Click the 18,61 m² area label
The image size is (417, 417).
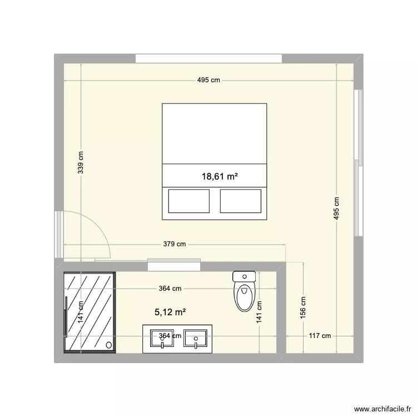click(x=220, y=177)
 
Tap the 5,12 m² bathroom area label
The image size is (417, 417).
click(x=170, y=313)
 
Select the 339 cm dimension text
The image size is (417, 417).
click(x=81, y=163)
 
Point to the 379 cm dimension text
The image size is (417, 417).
click(x=175, y=244)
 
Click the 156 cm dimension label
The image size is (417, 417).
click(x=302, y=304)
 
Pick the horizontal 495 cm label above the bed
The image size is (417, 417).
click(x=209, y=81)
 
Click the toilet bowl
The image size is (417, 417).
click(x=244, y=297)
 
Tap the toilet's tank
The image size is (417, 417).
click(x=244, y=276)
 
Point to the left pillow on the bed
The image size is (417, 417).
click(x=189, y=201)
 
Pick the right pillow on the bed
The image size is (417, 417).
click(x=240, y=201)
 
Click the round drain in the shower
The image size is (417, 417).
click(x=108, y=345)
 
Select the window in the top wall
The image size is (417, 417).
click(x=209, y=58)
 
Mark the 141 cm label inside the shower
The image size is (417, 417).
click(x=81, y=312)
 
